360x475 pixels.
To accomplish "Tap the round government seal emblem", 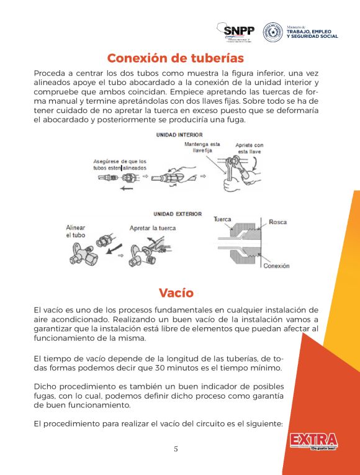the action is coord(273,32).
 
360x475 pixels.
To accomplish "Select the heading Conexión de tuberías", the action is coord(176,58).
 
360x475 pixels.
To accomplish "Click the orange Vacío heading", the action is coord(176,292).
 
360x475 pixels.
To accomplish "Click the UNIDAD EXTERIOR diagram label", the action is coord(178,214).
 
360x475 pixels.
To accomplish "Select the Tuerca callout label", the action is coord(222,219).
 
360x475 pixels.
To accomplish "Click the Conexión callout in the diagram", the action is coord(276,266).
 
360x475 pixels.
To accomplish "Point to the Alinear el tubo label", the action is coord(76,232).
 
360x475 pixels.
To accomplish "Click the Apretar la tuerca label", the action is coord(152,228).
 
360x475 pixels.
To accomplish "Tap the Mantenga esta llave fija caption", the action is coord(202,147).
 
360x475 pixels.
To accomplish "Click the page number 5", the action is coord(176,449).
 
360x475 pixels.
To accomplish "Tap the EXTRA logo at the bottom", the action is coord(313,441).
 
